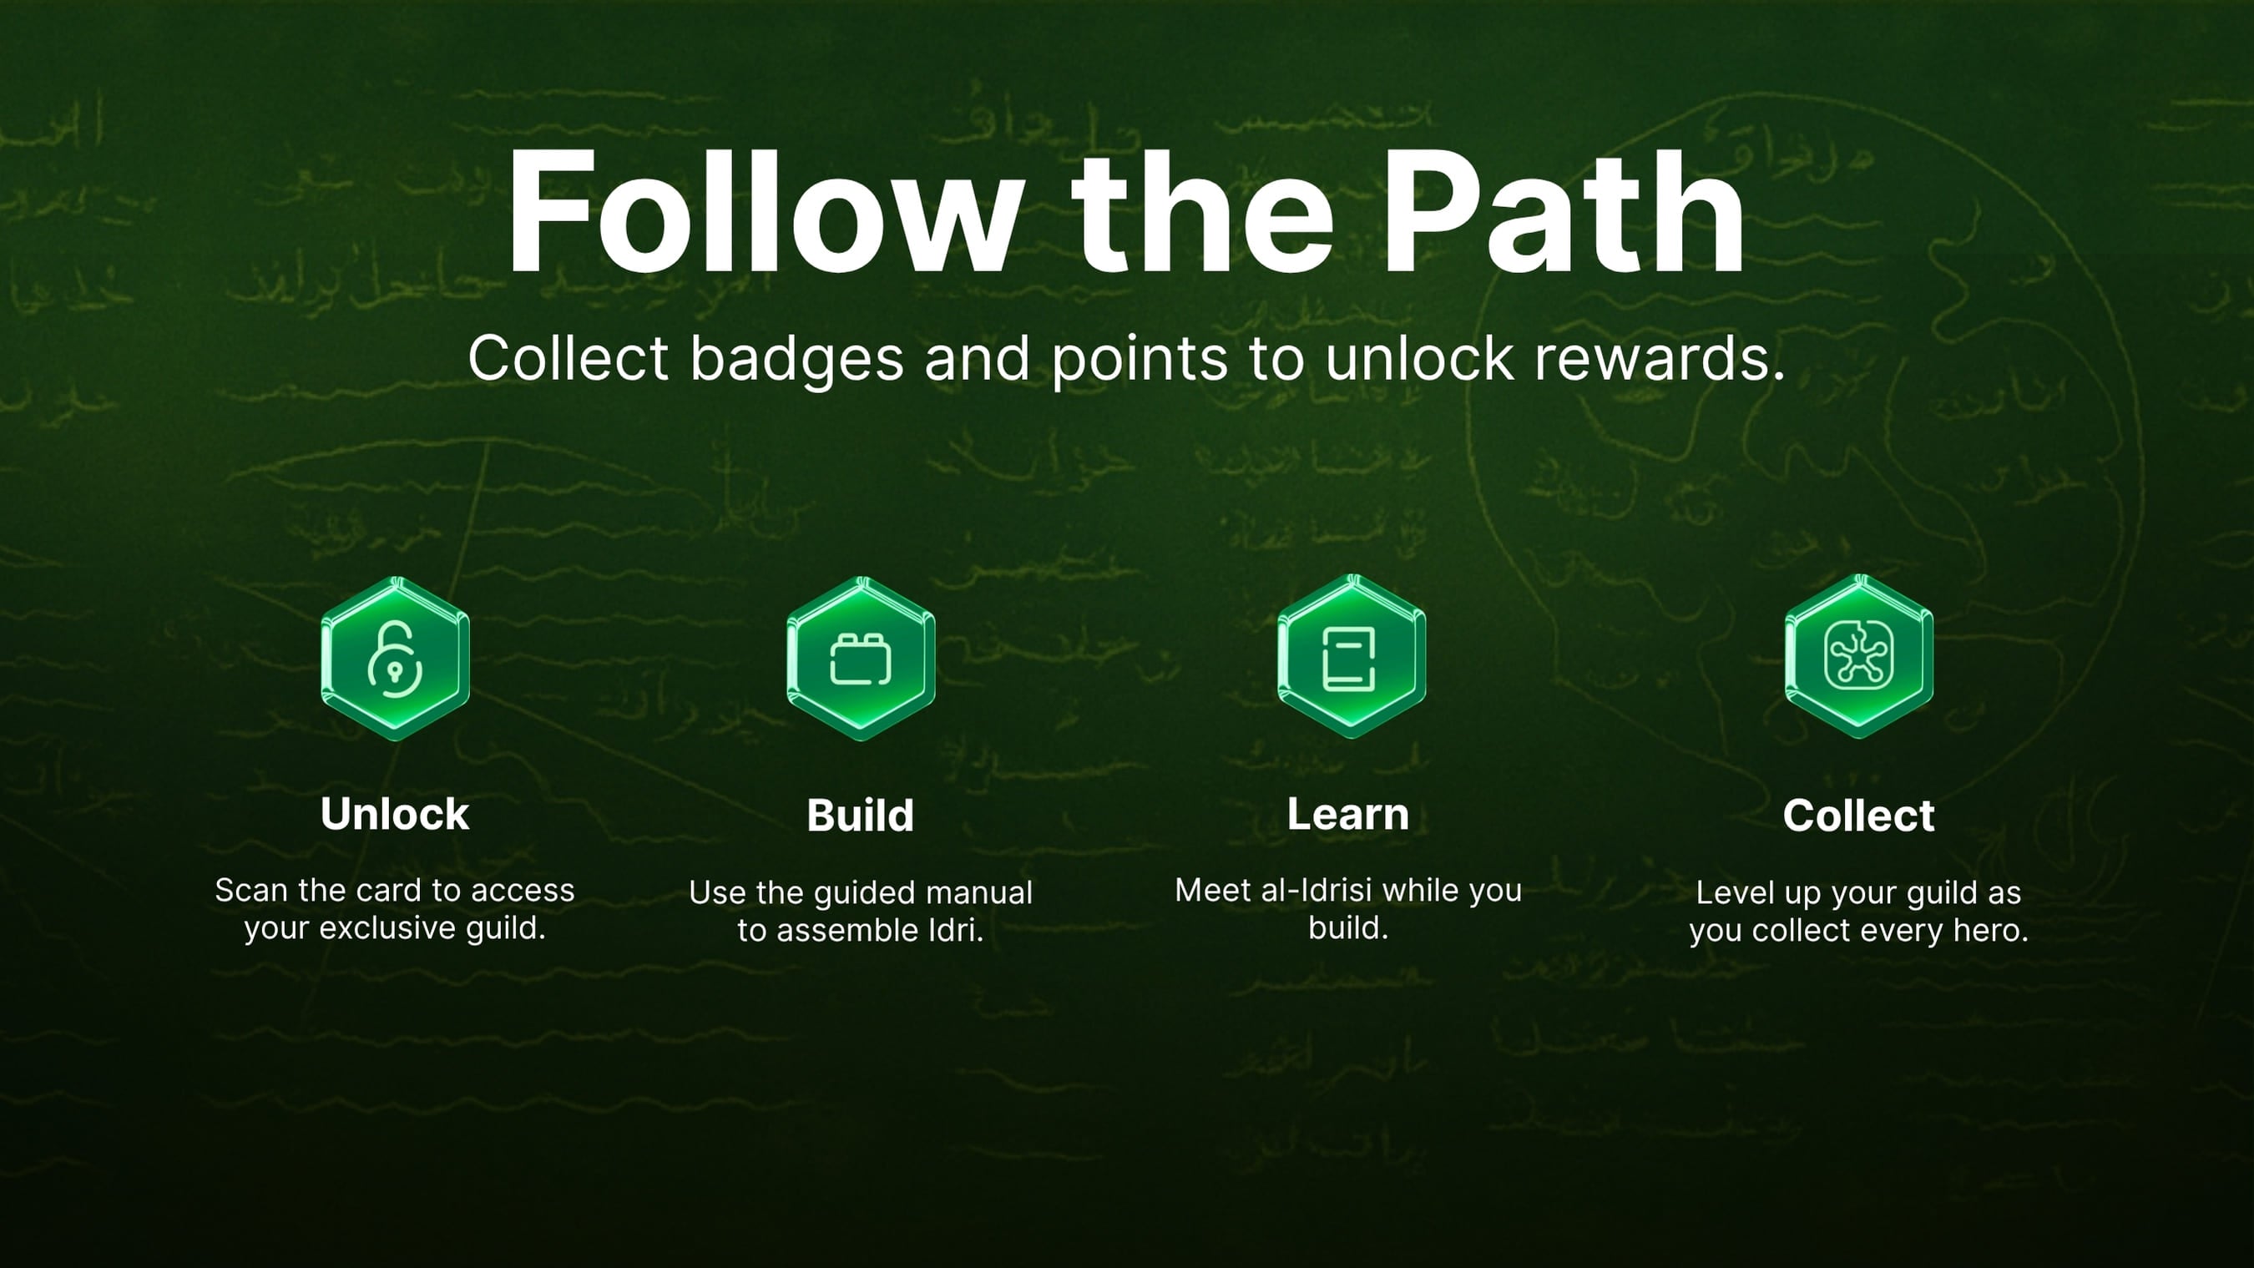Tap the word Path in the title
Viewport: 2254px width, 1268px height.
1563,213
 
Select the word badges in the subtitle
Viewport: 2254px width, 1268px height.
796,359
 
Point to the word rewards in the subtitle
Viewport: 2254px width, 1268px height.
1658,359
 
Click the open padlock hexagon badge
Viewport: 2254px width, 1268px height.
396,658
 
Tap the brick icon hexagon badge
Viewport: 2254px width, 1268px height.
861,658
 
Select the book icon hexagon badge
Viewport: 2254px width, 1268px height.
1351,656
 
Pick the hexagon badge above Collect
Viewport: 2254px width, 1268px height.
1858,656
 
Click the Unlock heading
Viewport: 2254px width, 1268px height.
395,814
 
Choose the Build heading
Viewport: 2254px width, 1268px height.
860,816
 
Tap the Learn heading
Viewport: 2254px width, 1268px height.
1347,814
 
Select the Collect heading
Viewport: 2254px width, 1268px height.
1858,816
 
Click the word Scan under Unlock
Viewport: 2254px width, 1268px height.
251,890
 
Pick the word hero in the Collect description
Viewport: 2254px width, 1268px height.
1991,930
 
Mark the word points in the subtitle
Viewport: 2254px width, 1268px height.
1140,359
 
